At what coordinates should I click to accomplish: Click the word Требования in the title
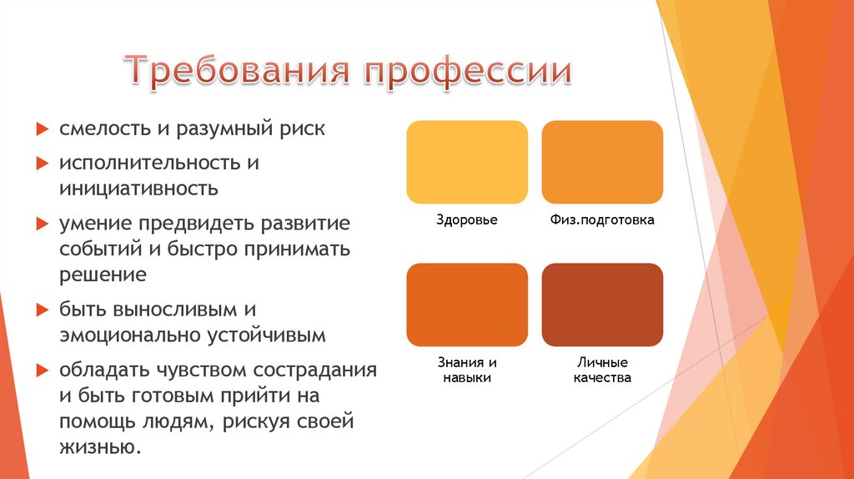(237, 71)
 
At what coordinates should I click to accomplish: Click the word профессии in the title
(466, 71)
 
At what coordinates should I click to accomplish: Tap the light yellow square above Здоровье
(467, 162)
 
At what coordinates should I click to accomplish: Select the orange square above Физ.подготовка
(602, 162)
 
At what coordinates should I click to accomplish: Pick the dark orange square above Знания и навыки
(467, 305)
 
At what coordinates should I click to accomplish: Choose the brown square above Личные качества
(602, 305)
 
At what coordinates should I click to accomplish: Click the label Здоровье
(467, 221)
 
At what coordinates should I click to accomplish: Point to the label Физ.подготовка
(602, 221)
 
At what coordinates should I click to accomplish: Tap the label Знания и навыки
(467, 371)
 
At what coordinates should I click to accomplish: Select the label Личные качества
(602, 371)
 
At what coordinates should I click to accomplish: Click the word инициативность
(138, 189)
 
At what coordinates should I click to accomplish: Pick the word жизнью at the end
(99, 446)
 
